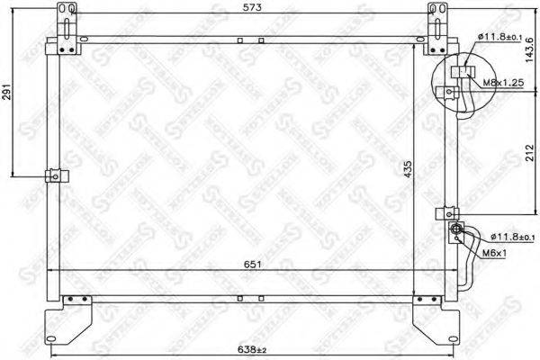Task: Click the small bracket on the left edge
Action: coord(56,175)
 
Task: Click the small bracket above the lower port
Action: coord(445,214)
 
